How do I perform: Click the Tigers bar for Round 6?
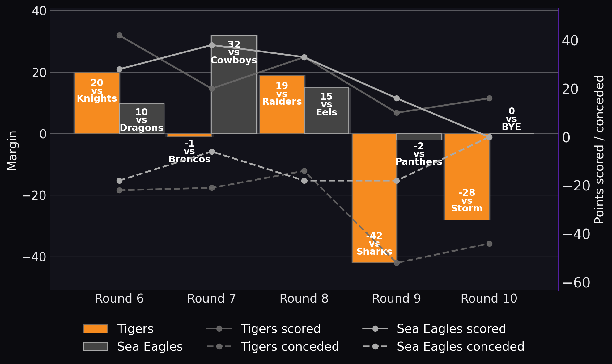pos(97,103)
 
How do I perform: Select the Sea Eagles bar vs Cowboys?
pos(234,85)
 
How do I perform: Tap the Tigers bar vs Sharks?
pos(374,198)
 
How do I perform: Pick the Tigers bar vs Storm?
pos(467,177)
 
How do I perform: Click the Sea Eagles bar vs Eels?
pos(326,111)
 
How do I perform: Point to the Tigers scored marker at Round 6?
pos(119,36)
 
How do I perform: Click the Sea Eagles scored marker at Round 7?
pos(212,45)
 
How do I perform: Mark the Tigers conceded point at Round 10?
pos(489,244)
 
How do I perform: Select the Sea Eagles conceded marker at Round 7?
pos(212,152)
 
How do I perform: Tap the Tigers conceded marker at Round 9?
pos(397,263)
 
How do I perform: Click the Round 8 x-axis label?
pos(304,299)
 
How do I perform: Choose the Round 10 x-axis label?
pos(489,299)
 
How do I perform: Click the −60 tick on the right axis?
pos(576,283)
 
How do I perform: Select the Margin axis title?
pos(12,150)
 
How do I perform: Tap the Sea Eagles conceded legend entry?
pos(444,347)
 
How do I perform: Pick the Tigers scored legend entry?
pos(264,329)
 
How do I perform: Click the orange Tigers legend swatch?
pos(96,329)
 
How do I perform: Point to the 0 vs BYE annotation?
pos(512,119)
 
